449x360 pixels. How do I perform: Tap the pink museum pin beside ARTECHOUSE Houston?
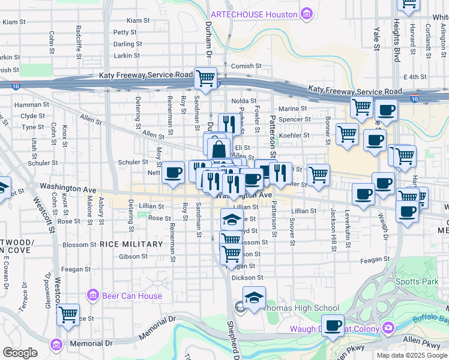click(x=307, y=13)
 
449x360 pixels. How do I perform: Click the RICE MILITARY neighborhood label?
click(x=131, y=244)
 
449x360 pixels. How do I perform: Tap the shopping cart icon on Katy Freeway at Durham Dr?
click(x=205, y=78)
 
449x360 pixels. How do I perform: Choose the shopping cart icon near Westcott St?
click(x=68, y=313)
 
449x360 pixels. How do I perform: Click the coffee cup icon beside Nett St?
click(x=173, y=173)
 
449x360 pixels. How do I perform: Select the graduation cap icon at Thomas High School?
click(x=254, y=298)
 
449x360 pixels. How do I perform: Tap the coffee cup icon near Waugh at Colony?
click(x=332, y=326)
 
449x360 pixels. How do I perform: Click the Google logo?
click(x=20, y=353)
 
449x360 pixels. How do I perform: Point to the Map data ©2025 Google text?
click(x=411, y=355)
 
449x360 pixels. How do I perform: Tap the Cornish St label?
click(x=247, y=66)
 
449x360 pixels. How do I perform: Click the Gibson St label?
click(x=129, y=256)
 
